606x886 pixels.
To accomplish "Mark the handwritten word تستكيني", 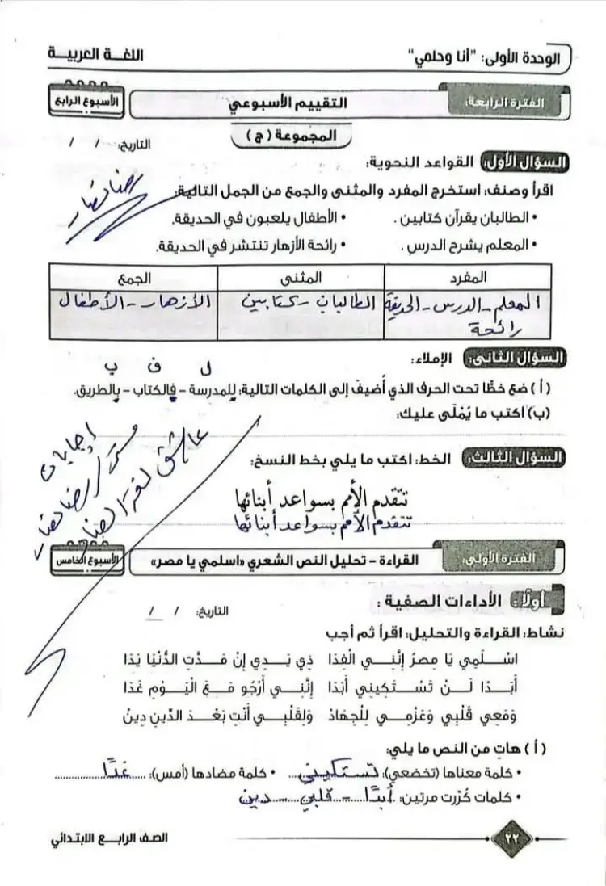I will point(318,773).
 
